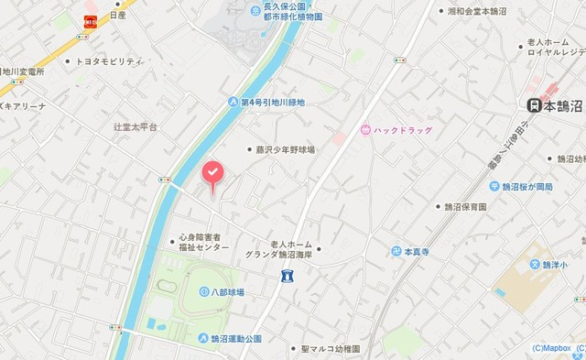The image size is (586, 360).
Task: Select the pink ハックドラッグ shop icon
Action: (x=367, y=131)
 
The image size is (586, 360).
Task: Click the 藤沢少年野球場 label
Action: (x=286, y=149)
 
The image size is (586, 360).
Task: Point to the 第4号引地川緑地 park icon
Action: (x=233, y=103)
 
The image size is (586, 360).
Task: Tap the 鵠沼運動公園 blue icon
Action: (x=202, y=338)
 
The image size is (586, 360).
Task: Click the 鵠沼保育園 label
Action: (x=465, y=207)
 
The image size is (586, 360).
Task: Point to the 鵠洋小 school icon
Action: (x=536, y=266)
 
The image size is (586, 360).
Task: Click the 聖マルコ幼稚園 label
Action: (x=330, y=349)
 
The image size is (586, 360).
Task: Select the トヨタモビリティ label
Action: (x=109, y=61)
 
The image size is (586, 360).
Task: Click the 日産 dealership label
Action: (x=117, y=16)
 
